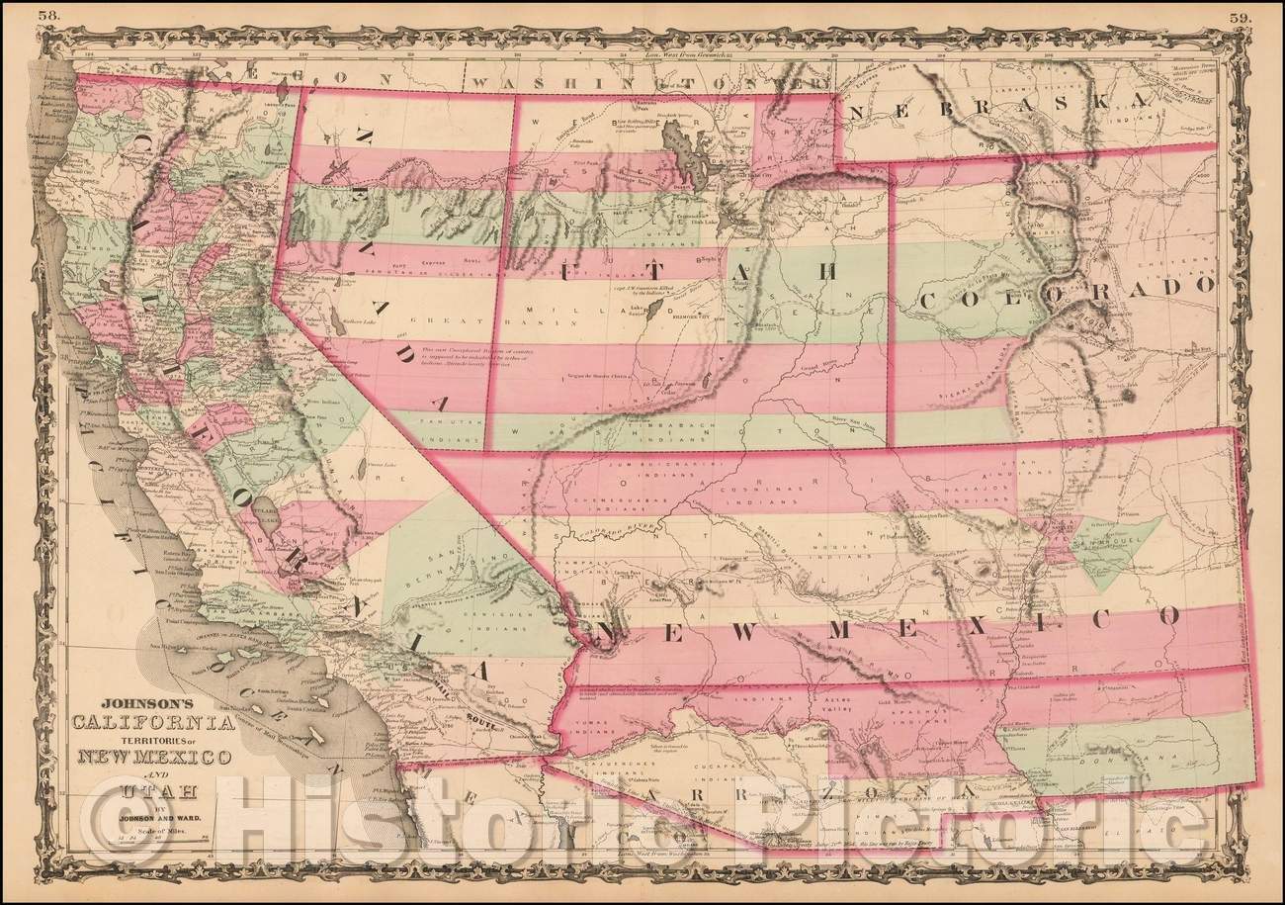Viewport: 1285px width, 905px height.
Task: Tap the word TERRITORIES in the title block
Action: click(x=144, y=744)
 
